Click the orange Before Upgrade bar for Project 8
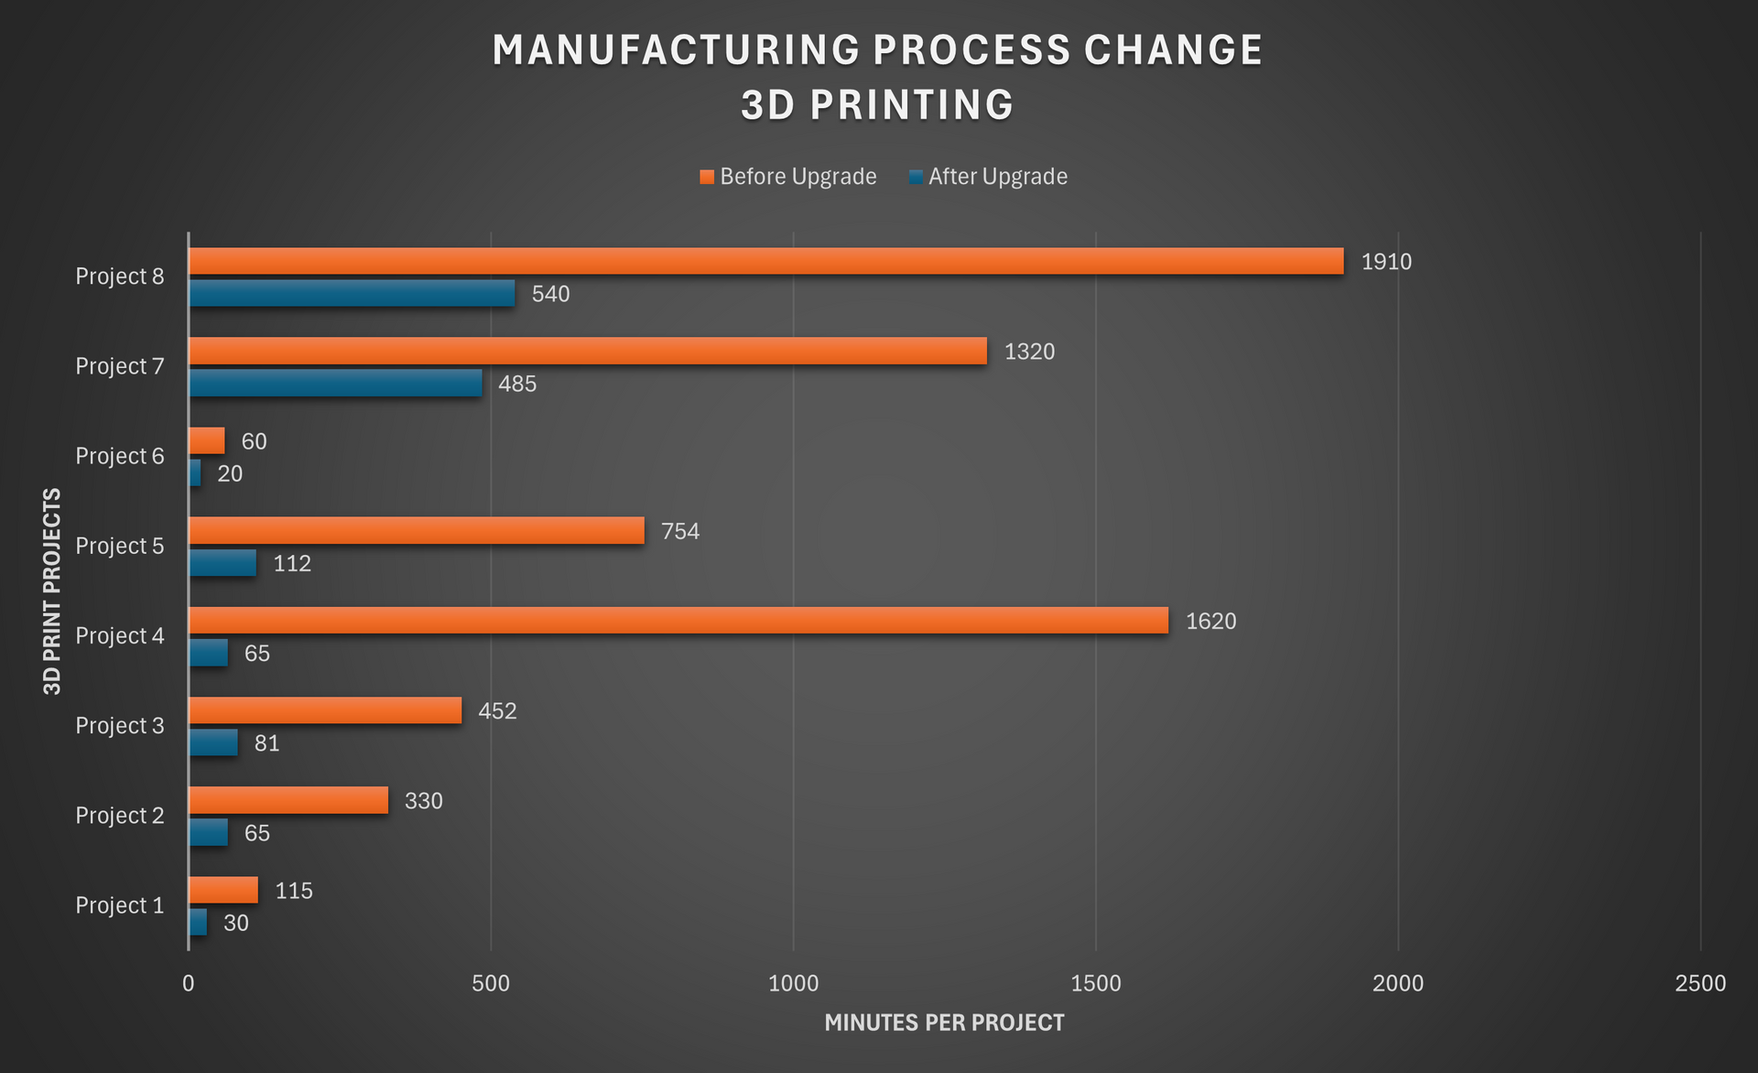tap(765, 261)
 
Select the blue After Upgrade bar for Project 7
tap(335, 384)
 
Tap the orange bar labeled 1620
tap(678, 621)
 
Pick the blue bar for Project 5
tap(222, 563)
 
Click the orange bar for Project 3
tap(325, 710)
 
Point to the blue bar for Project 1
tap(198, 922)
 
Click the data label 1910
tap(1386, 262)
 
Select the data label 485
tap(517, 384)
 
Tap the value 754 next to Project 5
tap(680, 531)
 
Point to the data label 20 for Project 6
tap(230, 473)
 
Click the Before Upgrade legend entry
tap(788, 177)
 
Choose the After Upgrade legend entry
tap(989, 177)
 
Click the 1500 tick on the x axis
tap(1095, 983)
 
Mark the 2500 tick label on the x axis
tap(1699, 983)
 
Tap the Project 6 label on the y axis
tap(120, 456)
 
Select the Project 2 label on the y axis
tap(120, 815)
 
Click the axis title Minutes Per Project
tap(944, 1023)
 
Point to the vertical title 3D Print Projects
tap(52, 591)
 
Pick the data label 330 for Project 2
tap(424, 801)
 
